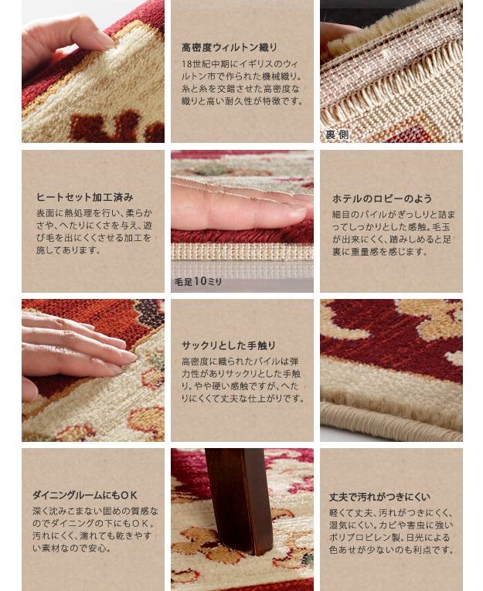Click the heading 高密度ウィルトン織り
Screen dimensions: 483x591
[x=230, y=47]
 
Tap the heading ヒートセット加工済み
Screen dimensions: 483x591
[x=85, y=197]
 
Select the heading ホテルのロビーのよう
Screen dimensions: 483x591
[x=382, y=199]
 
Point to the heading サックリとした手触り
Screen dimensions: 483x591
[x=229, y=345]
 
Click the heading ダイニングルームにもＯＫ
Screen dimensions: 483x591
[x=85, y=495]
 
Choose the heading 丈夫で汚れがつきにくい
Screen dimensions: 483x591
[x=379, y=498]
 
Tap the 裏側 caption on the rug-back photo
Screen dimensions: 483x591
[x=337, y=134]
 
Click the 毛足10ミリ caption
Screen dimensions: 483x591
[x=198, y=281]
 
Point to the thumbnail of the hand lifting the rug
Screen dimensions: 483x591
[x=94, y=71]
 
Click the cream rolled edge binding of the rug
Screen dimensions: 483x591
[x=392, y=420]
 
